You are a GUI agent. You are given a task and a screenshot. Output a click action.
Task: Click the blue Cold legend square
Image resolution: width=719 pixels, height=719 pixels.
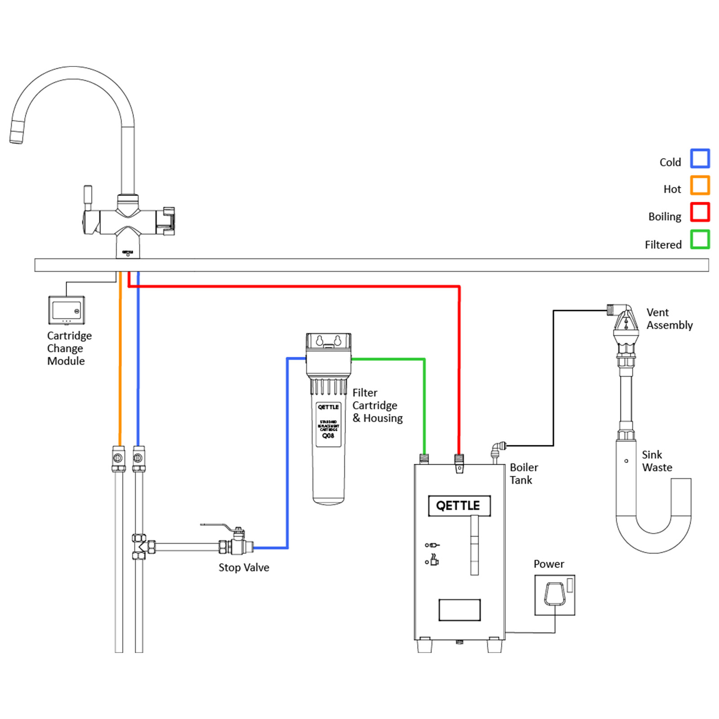coord(700,158)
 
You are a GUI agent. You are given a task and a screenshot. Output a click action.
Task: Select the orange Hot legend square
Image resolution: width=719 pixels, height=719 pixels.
coord(700,185)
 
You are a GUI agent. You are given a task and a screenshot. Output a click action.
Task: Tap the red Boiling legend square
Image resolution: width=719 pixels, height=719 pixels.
coord(700,212)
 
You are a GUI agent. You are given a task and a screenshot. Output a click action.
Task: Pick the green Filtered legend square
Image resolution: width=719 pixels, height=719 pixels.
coord(700,240)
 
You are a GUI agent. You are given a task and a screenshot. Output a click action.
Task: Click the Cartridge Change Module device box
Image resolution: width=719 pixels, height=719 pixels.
coord(67,310)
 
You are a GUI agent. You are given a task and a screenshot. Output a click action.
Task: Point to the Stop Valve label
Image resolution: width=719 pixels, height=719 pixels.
coord(244,568)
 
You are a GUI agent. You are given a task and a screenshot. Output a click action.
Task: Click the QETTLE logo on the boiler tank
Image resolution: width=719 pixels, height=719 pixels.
coord(459,506)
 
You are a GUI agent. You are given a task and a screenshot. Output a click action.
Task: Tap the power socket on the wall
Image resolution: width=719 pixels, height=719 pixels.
coord(555,595)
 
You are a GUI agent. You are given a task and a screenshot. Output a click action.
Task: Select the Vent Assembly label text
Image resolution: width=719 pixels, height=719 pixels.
coord(669,319)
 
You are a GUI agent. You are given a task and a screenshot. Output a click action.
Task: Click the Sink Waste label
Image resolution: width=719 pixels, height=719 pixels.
coord(657,461)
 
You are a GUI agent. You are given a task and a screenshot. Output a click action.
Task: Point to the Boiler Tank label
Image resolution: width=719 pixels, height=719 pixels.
coord(524,474)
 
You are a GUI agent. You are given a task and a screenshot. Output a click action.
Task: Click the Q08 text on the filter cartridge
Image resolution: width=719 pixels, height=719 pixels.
coord(328,436)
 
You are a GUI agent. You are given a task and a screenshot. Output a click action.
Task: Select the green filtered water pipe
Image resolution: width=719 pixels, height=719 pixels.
coord(424,395)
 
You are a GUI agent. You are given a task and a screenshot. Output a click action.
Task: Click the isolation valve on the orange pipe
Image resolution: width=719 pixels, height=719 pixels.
coord(118,458)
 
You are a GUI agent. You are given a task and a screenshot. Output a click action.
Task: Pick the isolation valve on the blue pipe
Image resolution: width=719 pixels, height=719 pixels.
coord(139,458)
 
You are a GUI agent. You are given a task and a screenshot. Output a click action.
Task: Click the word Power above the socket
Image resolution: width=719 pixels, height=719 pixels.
coord(548,564)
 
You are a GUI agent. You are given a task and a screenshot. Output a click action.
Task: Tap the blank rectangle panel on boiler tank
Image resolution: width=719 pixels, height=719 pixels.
coord(459,610)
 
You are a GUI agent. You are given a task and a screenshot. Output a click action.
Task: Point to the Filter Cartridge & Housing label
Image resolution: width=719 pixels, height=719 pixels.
coord(377,405)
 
